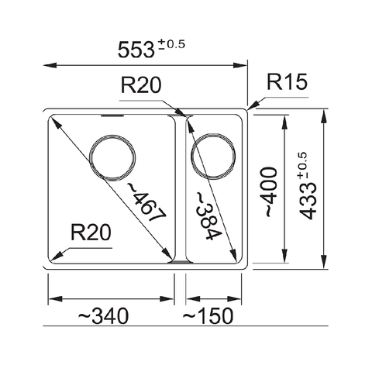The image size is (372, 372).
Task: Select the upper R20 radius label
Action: coord(140,86)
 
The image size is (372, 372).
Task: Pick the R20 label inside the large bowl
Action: coord(91,232)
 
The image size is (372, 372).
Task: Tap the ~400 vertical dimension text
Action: coord(268,191)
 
